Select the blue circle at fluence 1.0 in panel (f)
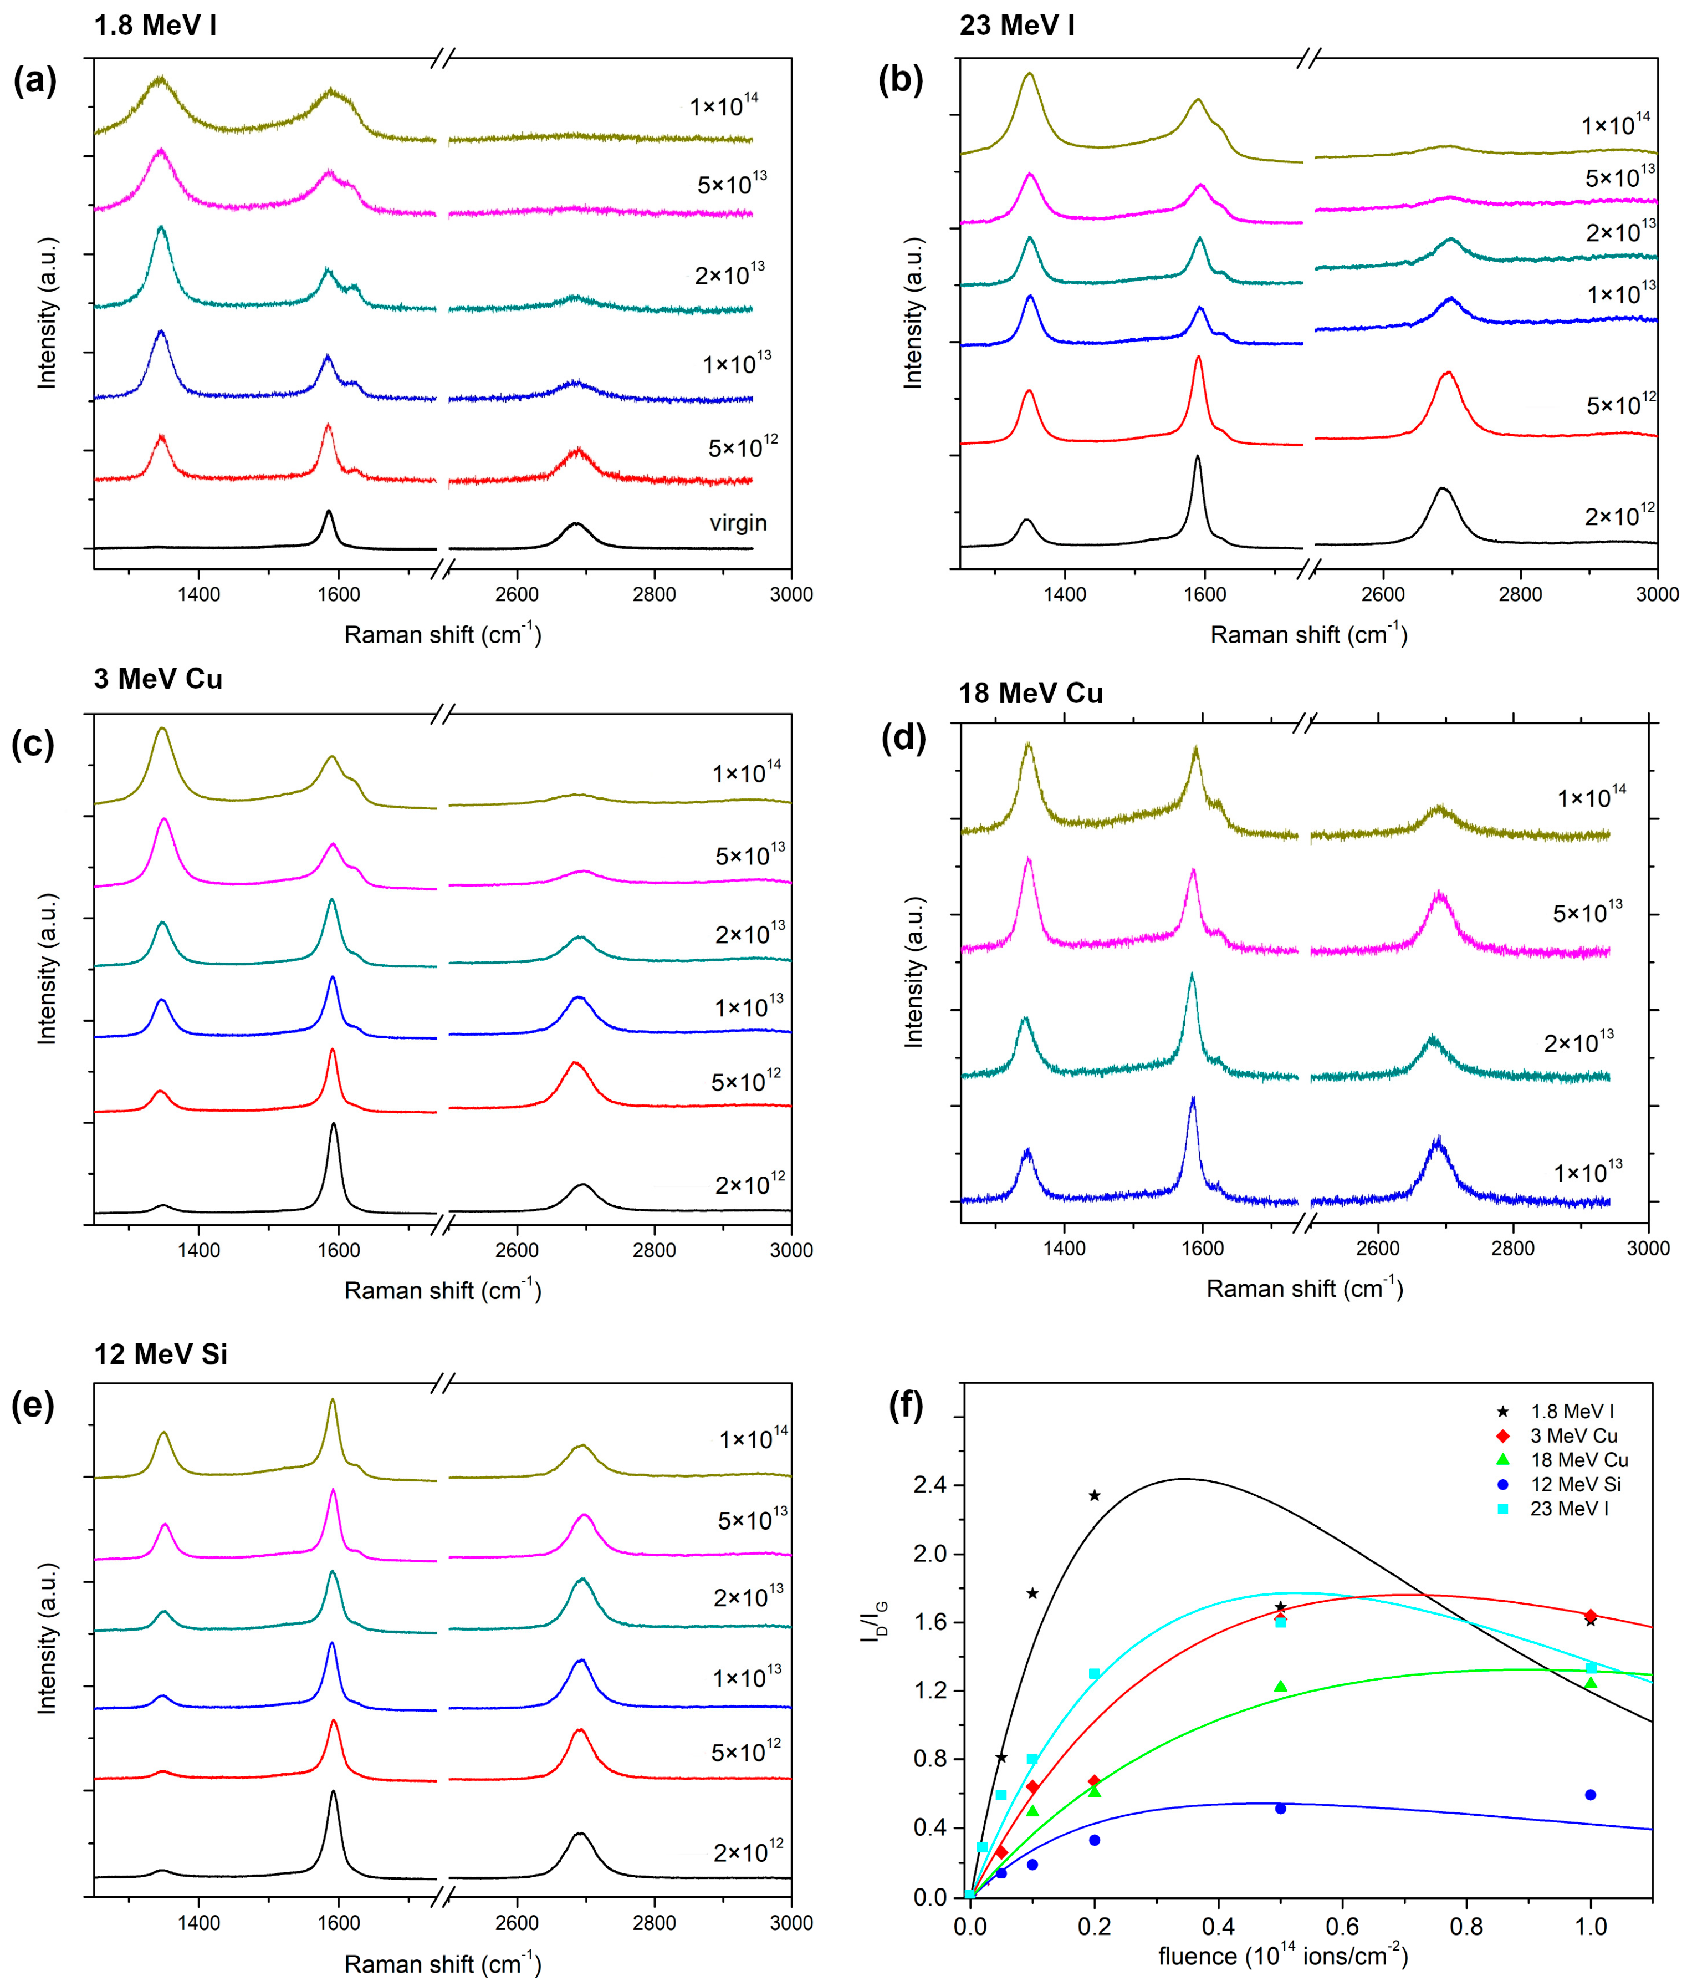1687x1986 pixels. point(1591,1795)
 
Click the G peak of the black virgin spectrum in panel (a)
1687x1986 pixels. point(329,512)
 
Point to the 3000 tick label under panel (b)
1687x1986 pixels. point(1658,594)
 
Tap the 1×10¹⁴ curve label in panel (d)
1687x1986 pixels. point(1591,796)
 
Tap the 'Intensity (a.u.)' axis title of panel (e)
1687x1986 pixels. point(46,1639)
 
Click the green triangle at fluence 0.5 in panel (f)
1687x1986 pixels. point(1281,1685)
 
